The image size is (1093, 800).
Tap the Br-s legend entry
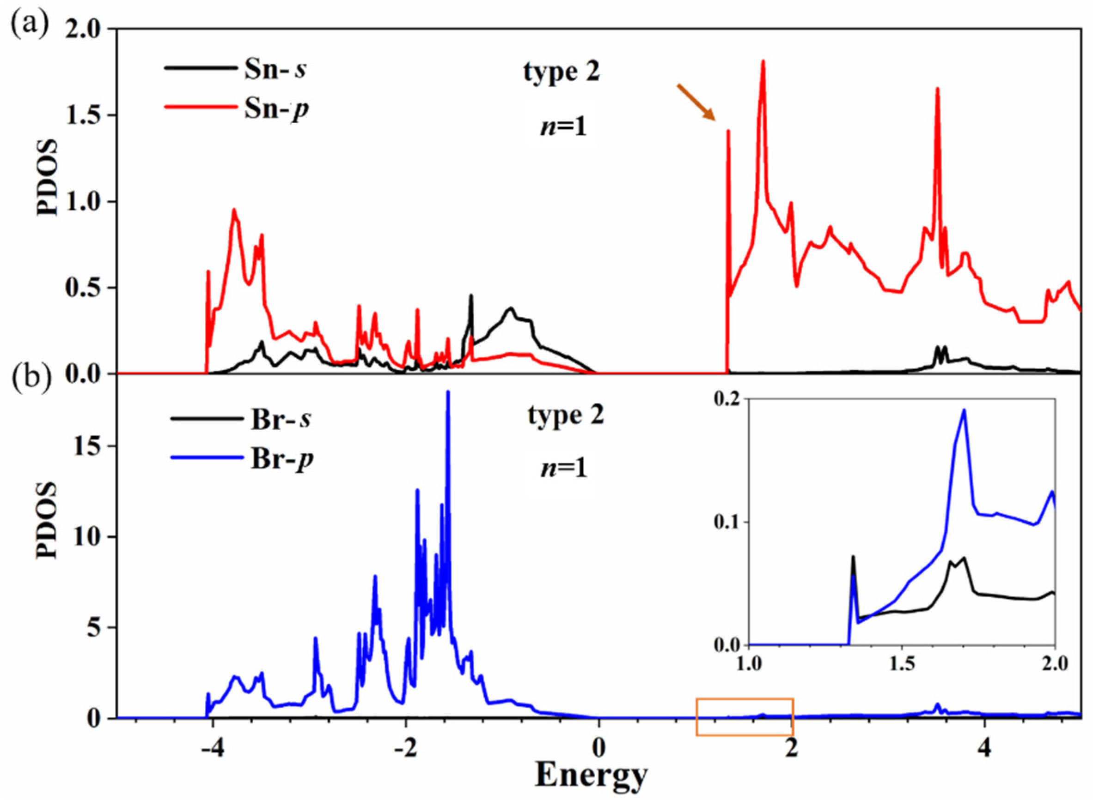[241, 419]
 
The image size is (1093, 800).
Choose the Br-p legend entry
[241, 457]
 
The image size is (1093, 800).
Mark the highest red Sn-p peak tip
[763, 61]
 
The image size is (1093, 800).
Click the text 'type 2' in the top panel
[561, 72]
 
